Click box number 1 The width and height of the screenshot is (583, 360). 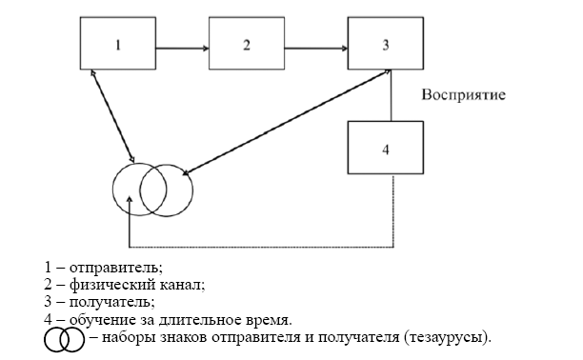[116, 45]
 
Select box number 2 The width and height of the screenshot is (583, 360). [246, 45]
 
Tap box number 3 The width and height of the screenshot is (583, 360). [386, 45]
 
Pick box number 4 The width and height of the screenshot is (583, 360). [386, 150]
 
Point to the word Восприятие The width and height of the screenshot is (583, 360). [463, 96]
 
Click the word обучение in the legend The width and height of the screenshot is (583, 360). [94, 319]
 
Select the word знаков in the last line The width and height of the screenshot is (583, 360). [181, 336]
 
